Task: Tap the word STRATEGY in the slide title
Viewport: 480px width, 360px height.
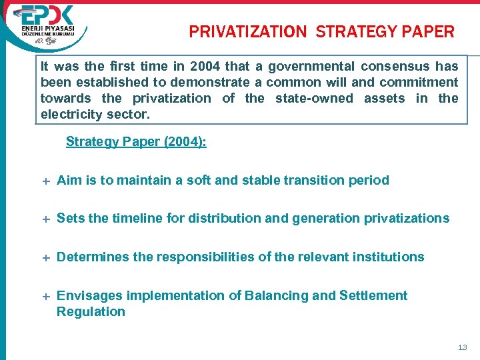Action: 357,31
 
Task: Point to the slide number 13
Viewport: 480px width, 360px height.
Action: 463,347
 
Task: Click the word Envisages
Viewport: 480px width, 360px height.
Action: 89,295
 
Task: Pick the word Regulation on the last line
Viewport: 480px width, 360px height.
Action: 91,311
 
